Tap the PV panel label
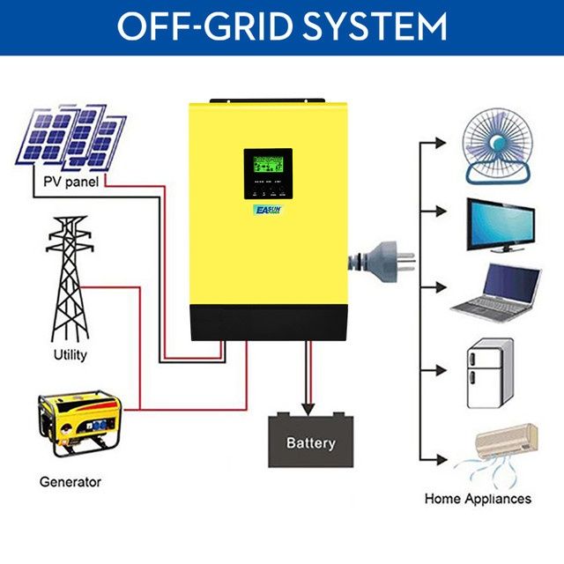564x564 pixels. (x=70, y=182)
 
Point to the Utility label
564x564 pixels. (x=70, y=356)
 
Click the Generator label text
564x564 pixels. (x=70, y=482)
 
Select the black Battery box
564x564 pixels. (x=310, y=441)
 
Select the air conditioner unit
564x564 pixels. (x=506, y=438)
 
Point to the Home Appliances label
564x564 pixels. (x=478, y=499)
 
